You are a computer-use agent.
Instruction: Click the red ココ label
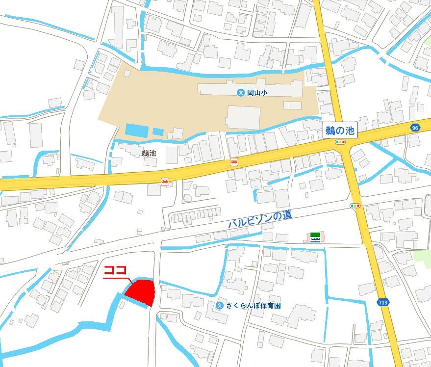point(116,271)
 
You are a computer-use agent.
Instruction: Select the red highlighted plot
point(141,292)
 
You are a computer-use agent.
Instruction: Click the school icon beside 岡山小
point(241,92)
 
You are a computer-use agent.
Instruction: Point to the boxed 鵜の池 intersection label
point(341,131)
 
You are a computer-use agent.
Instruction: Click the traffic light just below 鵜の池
point(341,142)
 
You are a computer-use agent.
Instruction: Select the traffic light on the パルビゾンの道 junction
point(355,206)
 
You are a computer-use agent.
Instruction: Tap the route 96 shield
point(415,128)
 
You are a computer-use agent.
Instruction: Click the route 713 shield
point(383,302)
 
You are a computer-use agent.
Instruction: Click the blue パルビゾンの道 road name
point(260,218)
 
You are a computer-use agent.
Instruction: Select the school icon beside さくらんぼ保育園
point(220,306)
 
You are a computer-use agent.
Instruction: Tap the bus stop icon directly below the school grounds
point(234,161)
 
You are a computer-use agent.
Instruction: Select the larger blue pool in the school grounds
point(136,131)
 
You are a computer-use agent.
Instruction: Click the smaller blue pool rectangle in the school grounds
point(158,131)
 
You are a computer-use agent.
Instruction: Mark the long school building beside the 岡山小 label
point(250,89)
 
